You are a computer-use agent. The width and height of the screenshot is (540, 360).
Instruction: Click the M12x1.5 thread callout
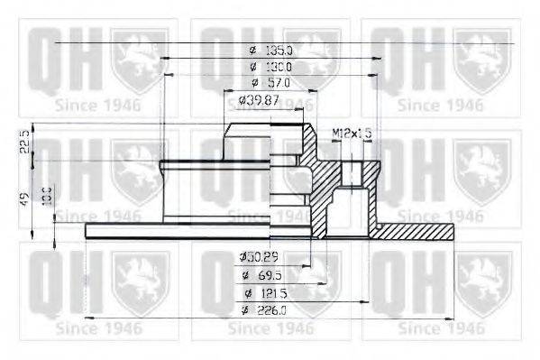(x=352, y=134)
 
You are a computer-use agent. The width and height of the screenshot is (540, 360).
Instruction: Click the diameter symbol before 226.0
(x=245, y=311)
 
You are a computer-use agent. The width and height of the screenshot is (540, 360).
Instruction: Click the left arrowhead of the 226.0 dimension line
(x=87, y=319)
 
